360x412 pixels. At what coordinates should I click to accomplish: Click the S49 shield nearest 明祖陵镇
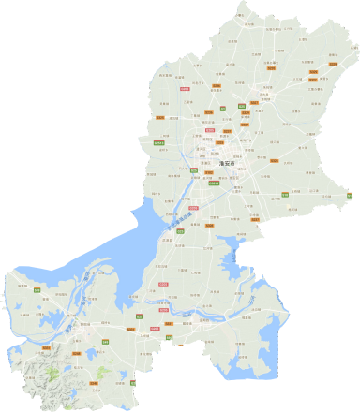point(37,291)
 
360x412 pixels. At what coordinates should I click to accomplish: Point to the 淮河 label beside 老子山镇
point(87,298)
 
